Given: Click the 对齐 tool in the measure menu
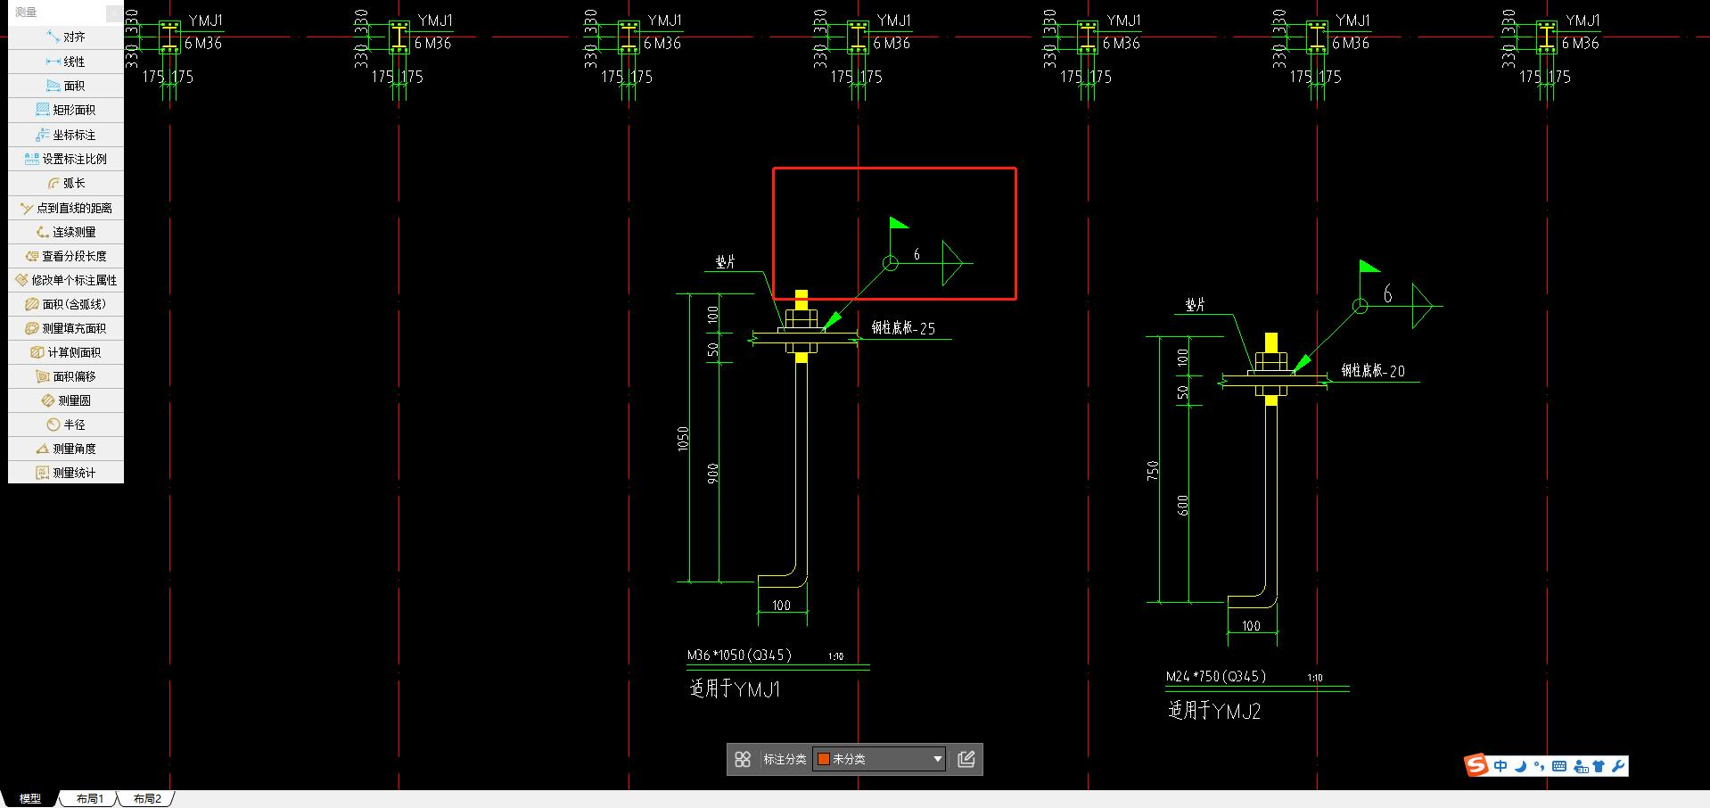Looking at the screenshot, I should [x=66, y=37].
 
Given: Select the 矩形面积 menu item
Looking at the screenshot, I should [x=66, y=110].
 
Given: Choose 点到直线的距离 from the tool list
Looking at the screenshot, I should [x=66, y=208].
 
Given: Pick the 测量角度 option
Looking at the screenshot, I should [x=66, y=449].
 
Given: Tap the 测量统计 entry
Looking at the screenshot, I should [x=66, y=473].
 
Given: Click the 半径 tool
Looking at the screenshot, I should [x=66, y=425].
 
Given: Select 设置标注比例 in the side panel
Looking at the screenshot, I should [x=66, y=159].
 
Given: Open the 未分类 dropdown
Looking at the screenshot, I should [x=879, y=759].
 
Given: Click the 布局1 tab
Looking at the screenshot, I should [x=89, y=799].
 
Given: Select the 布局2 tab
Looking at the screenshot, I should [x=147, y=799].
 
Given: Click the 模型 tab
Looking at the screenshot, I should [x=30, y=799].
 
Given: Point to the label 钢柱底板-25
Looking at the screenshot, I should [x=903, y=328].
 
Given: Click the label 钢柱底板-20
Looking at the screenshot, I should [x=1373, y=371].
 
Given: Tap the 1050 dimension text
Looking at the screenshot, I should [x=684, y=438].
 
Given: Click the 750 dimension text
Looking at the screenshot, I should [x=1154, y=471].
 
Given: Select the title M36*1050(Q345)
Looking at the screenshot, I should [x=739, y=655].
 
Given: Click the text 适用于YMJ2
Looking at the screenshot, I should [x=1214, y=711].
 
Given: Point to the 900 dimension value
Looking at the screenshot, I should [x=713, y=474].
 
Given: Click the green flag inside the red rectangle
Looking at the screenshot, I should [x=898, y=223].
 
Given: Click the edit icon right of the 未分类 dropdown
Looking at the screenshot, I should [x=966, y=759].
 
